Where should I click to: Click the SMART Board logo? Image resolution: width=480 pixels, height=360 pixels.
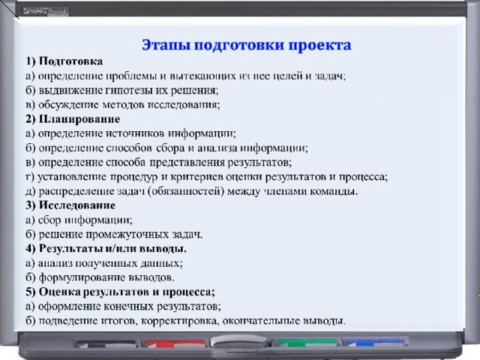46,12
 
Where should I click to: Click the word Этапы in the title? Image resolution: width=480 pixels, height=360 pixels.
166,45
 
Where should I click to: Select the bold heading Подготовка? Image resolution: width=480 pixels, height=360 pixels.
70,61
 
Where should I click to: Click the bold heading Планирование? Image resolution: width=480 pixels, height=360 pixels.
79,119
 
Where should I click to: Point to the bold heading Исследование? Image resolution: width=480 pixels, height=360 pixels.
77,205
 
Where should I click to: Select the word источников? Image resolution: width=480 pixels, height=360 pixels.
136,133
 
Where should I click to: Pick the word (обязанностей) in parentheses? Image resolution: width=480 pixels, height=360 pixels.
185,192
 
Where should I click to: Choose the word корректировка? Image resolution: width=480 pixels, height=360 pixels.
179,322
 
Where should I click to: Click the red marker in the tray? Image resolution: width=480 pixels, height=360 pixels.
175,343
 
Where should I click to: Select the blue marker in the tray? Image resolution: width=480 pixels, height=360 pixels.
374,342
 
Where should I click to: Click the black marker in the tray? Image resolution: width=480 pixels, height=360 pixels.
106,343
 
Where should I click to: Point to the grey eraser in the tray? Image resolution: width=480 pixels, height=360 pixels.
238,340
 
